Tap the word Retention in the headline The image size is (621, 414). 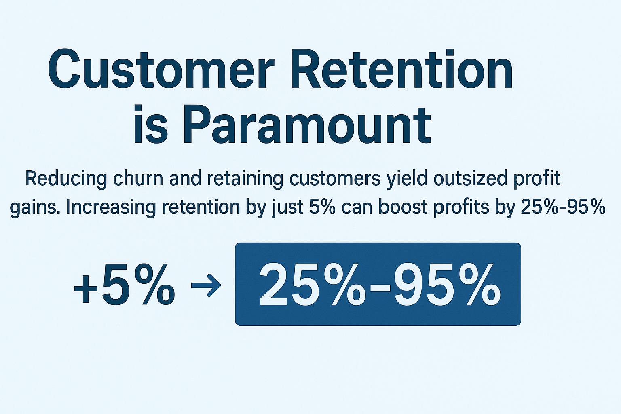click(x=402, y=69)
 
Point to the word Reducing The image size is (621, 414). click(x=66, y=179)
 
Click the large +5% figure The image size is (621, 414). click(x=125, y=284)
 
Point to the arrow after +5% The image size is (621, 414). click(x=206, y=285)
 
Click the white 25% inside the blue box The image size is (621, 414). click(x=310, y=284)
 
